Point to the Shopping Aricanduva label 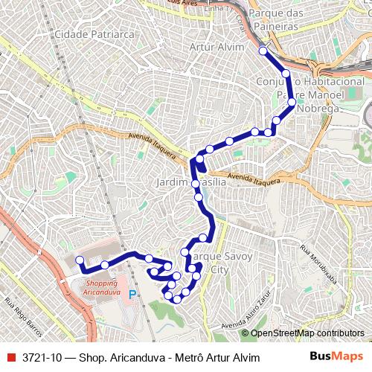click(102, 288)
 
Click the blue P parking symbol click(133, 294)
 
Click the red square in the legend click(10, 357)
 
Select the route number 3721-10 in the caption click(42, 357)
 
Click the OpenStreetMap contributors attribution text click(302, 333)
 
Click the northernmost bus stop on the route click(263, 51)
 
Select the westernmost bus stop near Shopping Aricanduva click(80, 260)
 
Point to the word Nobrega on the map click(318, 108)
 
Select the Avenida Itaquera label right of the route click(254, 179)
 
